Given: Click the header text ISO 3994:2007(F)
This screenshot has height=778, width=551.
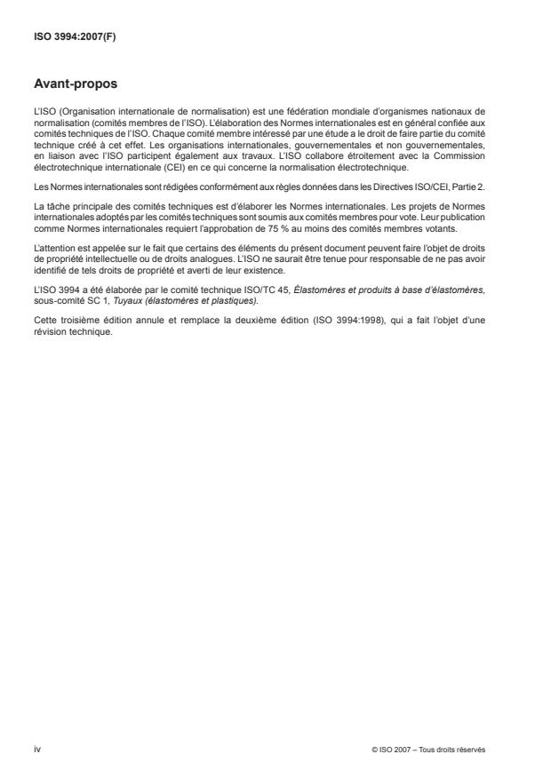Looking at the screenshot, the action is (x=64, y=39).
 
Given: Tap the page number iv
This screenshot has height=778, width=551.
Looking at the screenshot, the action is (x=36, y=749).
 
